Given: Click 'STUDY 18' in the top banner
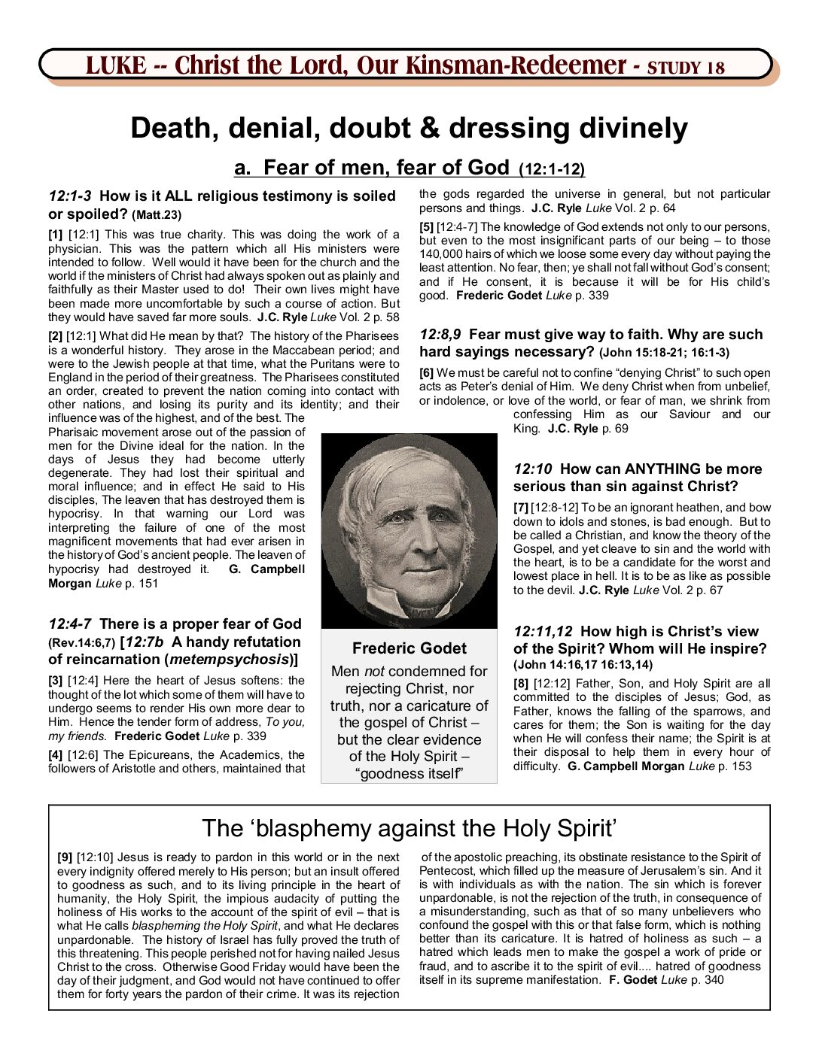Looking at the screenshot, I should click(686, 68).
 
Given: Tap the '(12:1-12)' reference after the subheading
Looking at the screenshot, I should click(552, 170).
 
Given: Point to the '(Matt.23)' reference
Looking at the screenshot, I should click(157, 215).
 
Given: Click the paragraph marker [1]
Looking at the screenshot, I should click(56, 235).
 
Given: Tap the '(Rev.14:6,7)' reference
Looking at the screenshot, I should click(81, 643).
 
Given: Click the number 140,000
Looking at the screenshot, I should click(443, 254).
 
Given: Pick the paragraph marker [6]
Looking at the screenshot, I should click(426, 373).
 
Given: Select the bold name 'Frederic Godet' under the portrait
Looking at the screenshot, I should click(409, 648).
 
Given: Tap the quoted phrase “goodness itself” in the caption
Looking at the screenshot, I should click(409, 774).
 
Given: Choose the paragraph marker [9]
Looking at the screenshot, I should click(65, 857).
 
